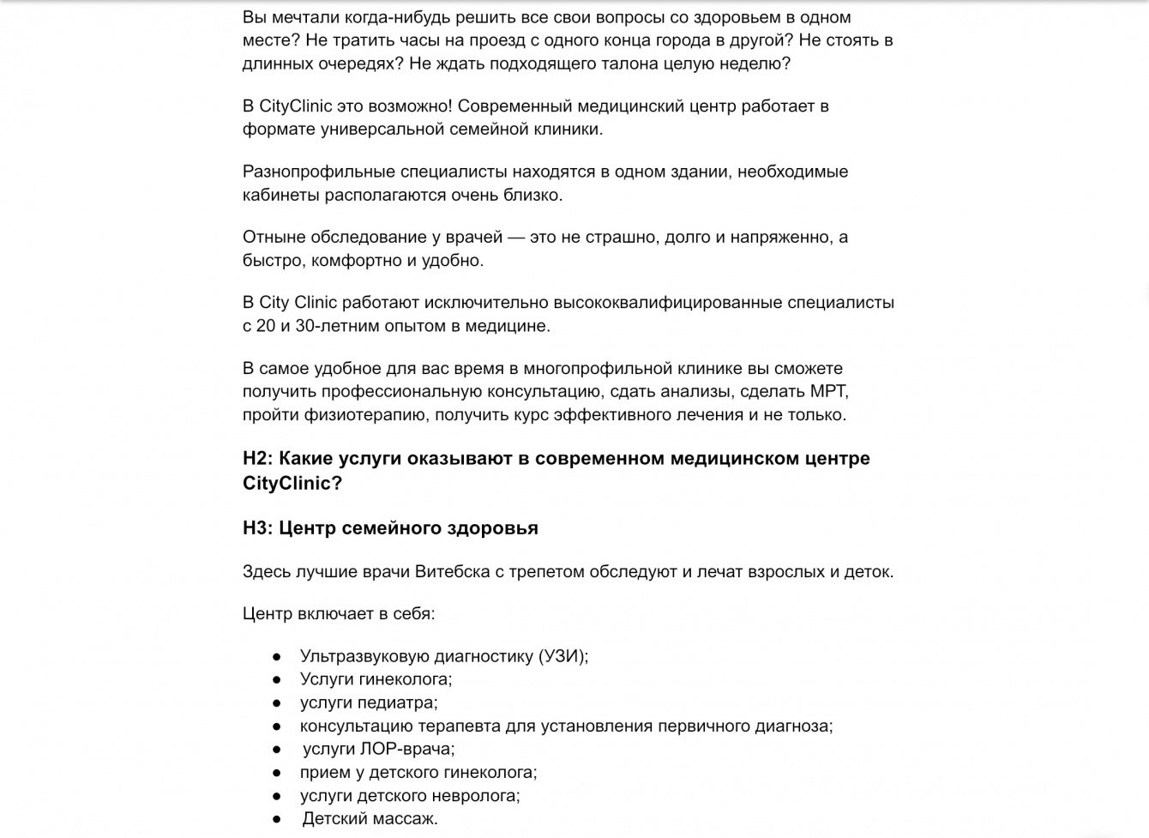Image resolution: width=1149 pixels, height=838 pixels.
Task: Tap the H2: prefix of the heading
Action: [258, 458]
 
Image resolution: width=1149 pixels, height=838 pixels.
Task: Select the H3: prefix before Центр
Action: [258, 528]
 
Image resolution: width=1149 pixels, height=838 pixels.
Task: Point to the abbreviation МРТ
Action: [828, 391]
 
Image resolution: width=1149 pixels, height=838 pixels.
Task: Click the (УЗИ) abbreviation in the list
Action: [562, 655]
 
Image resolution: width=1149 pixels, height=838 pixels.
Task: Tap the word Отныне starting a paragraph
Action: [270, 237]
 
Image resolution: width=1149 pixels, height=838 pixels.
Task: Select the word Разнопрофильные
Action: [313, 172]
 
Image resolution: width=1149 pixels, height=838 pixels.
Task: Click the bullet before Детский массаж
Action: [277, 818]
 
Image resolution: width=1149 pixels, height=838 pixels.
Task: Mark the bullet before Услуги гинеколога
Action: [277, 679]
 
